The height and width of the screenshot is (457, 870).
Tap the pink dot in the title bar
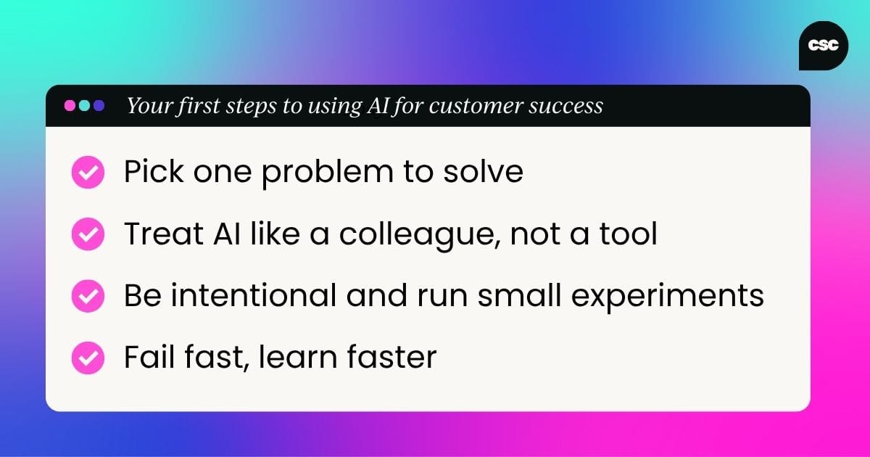coord(70,105)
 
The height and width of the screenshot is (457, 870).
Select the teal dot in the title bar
coord(84,105)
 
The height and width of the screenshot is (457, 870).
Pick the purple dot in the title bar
coord(99,105)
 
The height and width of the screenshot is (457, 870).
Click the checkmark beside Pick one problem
coord(88,173)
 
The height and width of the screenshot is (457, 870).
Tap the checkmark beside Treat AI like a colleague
coord(88,234)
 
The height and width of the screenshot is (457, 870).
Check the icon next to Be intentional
coord(88,296)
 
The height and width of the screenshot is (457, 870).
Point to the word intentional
coord(249,296)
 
